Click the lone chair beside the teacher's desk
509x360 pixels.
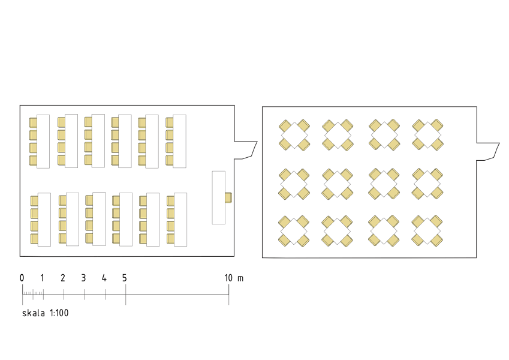point(228,197)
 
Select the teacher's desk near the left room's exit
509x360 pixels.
point(218,197)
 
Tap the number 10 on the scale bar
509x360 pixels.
point(228,278)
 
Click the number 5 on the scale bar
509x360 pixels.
point(124,278)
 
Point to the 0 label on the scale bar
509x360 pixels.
point(22,278)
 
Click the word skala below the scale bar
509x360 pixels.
point(34,313)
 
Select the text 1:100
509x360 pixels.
point(59,313)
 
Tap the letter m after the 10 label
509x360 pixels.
point(240,278)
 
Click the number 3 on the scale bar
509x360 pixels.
point(83,278)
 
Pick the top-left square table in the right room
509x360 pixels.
point(294,135)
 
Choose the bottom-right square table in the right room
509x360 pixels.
point(427,231)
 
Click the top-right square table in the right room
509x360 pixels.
point(428,135)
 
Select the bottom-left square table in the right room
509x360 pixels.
point(294,231)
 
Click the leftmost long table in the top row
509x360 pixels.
point(43,142)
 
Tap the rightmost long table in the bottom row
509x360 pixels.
point(180,220)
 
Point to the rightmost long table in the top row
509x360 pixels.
point(179,142)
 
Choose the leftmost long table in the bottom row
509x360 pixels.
point(44,220)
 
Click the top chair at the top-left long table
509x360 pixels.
point(33,122)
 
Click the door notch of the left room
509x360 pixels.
point(246,150)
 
